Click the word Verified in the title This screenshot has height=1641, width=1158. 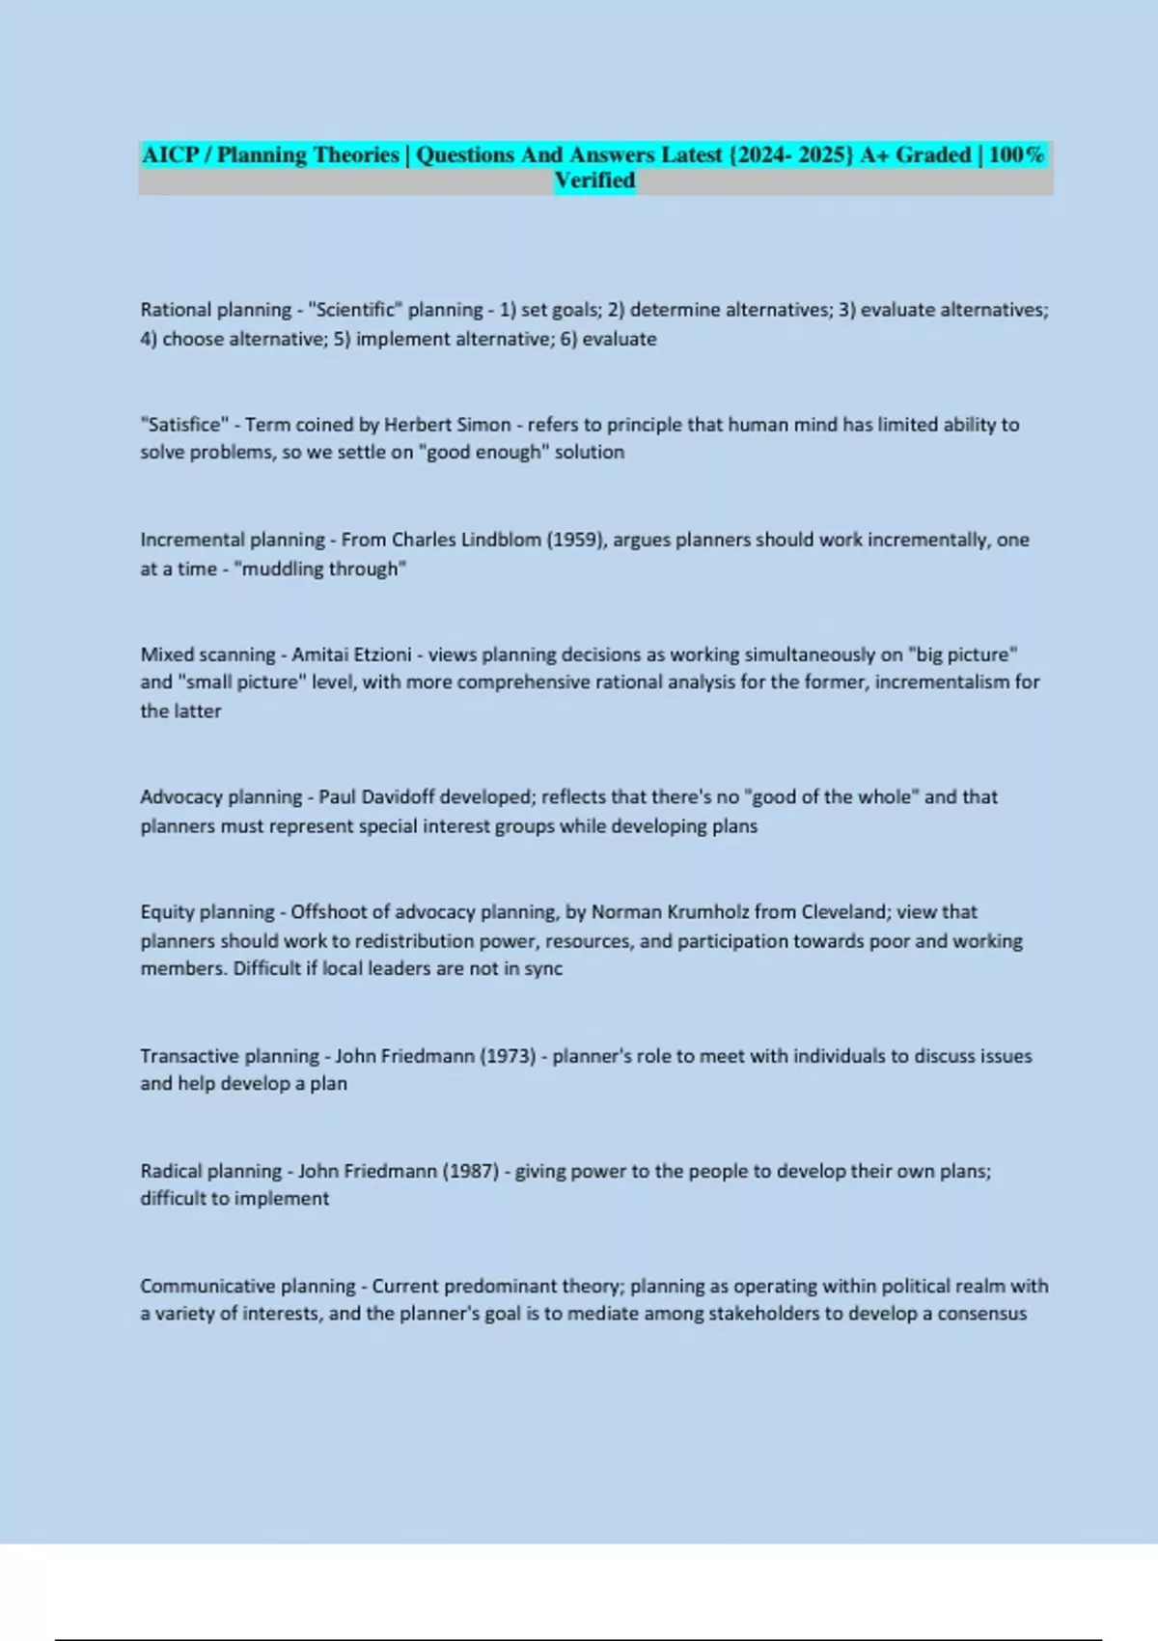tap(594, 181)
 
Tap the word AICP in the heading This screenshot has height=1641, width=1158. tap(171, 155)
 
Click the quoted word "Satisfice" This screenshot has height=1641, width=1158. tap(184, 425)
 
